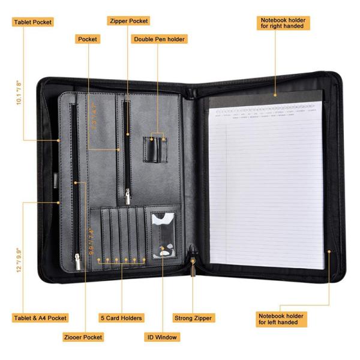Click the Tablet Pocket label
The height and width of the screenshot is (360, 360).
click(32, 22)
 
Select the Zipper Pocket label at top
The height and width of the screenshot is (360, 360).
click(128, 21)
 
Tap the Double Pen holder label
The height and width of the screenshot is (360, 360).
click(160, 39)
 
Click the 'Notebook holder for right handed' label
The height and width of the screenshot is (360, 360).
click(282, 23)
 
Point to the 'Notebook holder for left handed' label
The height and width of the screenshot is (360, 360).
click(281, 319)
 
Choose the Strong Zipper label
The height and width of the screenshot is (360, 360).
click(193, 318)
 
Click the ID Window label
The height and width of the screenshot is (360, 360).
click(161, 337)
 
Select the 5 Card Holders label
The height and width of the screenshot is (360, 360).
click(121, 318)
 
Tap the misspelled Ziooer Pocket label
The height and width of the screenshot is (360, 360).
click(83, 337)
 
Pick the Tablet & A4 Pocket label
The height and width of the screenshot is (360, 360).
click(40, 318)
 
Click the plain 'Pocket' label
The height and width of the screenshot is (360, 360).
click(88, 39)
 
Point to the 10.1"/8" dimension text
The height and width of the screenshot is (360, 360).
click(20, 93)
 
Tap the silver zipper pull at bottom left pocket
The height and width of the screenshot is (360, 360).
click(77, 260)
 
